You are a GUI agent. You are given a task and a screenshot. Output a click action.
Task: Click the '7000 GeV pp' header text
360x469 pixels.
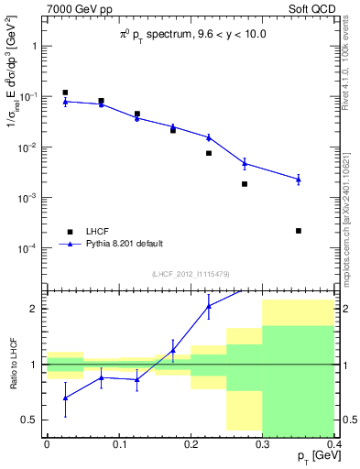tap(79, 8)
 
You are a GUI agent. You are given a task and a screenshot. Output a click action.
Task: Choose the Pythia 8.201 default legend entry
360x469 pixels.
tap(124, 244)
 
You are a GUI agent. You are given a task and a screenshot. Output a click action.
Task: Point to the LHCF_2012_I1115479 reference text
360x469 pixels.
tap(190, 275)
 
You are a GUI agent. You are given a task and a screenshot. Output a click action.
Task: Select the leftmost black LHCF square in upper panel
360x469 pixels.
tap(65, 93)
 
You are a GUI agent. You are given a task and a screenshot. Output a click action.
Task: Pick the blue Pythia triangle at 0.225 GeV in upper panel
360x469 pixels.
tap(209, 137)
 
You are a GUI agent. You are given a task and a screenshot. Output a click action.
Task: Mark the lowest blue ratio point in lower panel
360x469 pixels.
tap(65, 398)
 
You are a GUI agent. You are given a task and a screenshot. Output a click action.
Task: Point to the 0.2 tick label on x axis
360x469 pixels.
tap(190, 443)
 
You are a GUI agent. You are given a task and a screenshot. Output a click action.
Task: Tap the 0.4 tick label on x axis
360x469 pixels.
tap(333, 443)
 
